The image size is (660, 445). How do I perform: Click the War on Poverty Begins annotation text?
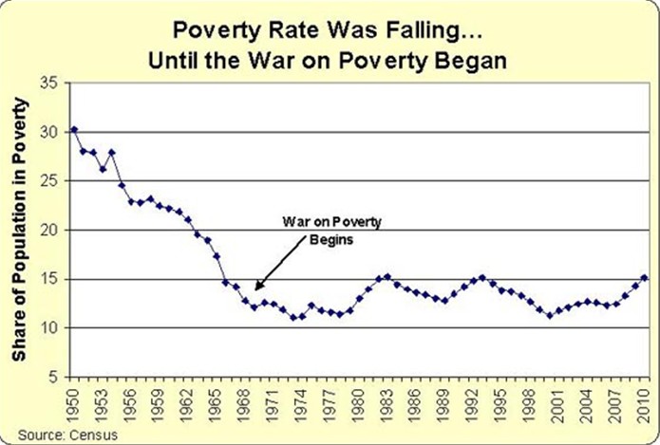324,230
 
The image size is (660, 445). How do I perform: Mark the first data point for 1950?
74,129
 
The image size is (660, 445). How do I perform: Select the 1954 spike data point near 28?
112,152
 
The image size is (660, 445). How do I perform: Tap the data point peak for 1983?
387,276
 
